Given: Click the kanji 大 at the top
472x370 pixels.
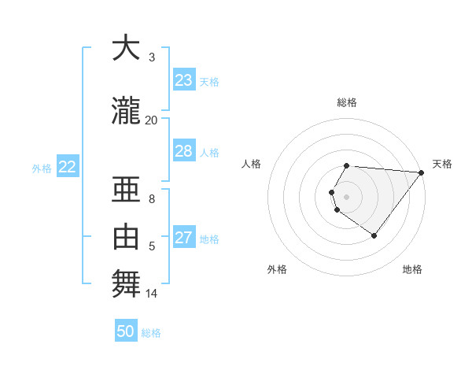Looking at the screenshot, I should point(125,50).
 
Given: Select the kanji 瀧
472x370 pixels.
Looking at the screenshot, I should point(125,112).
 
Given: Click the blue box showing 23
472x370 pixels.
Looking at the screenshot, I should point(184,80).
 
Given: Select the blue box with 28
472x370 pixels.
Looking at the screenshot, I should point(184,151).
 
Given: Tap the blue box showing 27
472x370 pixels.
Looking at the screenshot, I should point(184,238).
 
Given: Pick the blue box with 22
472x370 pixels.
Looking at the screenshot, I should point(68,167).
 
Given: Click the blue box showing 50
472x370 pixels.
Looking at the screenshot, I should point(126,331).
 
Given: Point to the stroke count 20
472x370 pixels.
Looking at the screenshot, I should point(151,120).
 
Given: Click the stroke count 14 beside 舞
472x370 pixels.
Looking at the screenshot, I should point(151,294).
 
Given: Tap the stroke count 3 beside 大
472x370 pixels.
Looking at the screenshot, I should point(152,57).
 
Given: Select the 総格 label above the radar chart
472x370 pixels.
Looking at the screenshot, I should point(347,102).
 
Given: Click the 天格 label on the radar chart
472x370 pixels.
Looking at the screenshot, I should point(442,164).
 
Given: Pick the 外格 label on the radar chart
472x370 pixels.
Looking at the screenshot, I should point(277,269).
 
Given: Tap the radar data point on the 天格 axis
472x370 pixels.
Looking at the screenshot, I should point(421,172).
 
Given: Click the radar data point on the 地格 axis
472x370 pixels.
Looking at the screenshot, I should point(374,235).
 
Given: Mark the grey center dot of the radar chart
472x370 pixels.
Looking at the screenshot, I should point(347,196).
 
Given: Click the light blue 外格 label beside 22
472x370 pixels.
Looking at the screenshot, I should point(41,168).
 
